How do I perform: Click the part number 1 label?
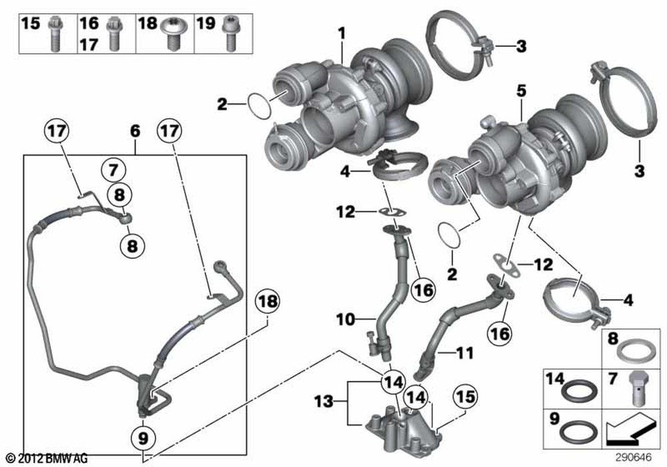341,32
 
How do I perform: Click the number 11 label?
463,349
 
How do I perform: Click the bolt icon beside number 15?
53,33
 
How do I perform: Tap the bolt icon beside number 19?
231,33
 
